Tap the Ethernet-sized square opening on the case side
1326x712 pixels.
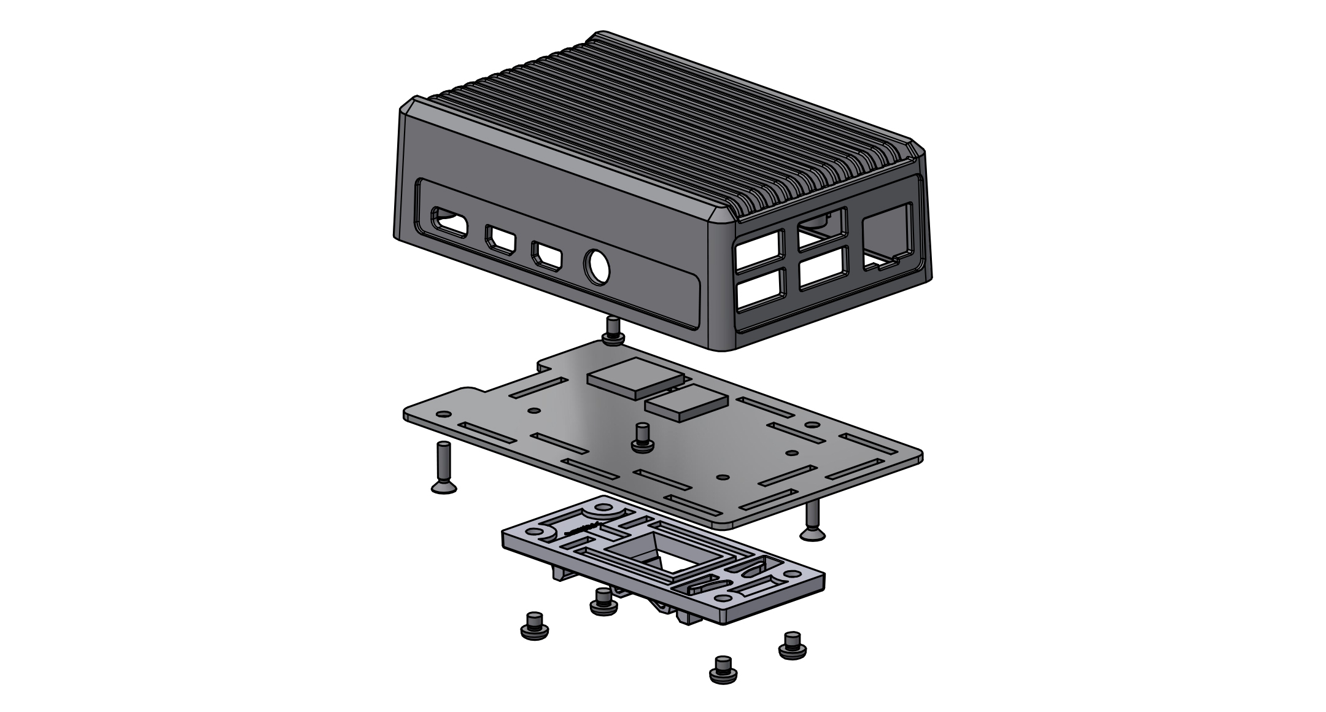coord(886,238)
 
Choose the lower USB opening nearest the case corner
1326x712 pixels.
coord(760,291)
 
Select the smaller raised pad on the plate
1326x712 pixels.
coord(686,403)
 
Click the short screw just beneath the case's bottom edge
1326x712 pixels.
coord(613,331)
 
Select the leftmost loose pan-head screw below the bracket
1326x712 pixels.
coord(534,627)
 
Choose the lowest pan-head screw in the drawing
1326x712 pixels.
coord(723,670)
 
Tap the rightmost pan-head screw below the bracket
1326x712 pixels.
coord(793,646)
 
